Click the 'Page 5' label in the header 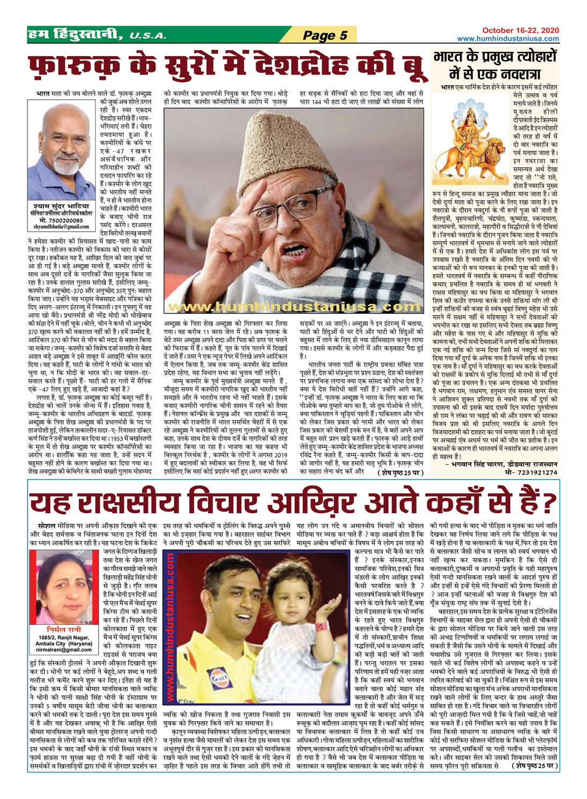tap(325, 36)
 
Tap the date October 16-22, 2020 tap(521, 30)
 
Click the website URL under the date tap(508, 39)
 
